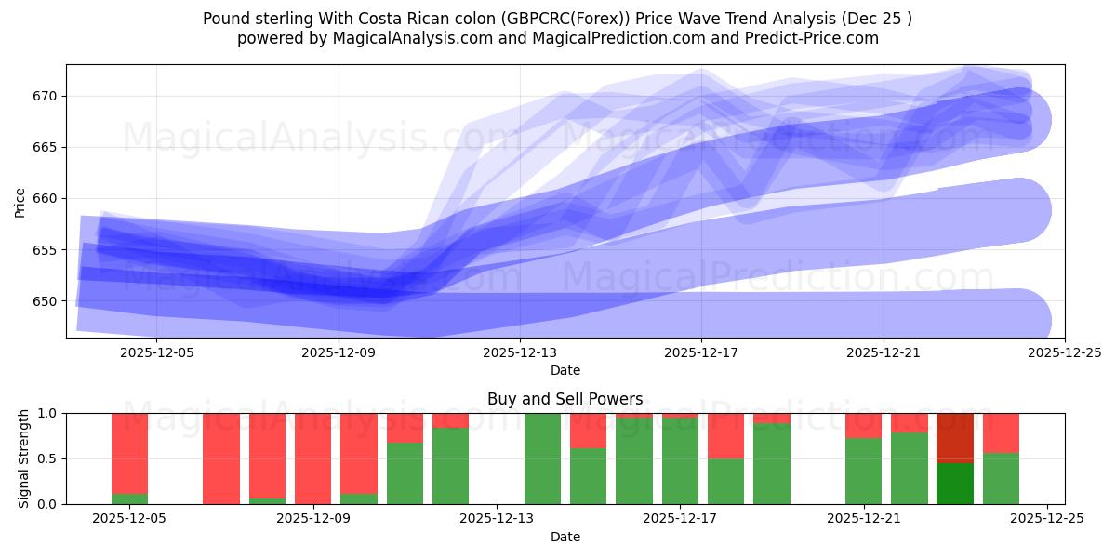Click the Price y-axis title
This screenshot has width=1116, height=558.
coord(20,201)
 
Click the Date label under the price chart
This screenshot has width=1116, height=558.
coord(565,370)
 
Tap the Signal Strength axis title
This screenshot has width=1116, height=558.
coord(24,458)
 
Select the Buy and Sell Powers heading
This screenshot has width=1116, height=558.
coord(565,399)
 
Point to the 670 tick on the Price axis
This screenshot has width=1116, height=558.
coord(46,96)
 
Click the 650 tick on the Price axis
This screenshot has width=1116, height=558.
coord(46,301)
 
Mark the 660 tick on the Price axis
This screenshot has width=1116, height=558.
coord(46,199)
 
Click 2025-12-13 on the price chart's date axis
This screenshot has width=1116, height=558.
coord(519,352)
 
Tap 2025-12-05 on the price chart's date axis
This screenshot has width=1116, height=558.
coord(156,352)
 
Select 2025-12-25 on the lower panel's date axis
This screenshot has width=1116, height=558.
coord(1047,519)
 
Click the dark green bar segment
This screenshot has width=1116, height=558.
coord(954,484)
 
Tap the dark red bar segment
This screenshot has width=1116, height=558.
coord(954,437)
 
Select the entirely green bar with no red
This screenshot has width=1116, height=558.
coord(542,458)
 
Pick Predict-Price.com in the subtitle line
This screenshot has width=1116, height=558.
coord(813,38)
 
